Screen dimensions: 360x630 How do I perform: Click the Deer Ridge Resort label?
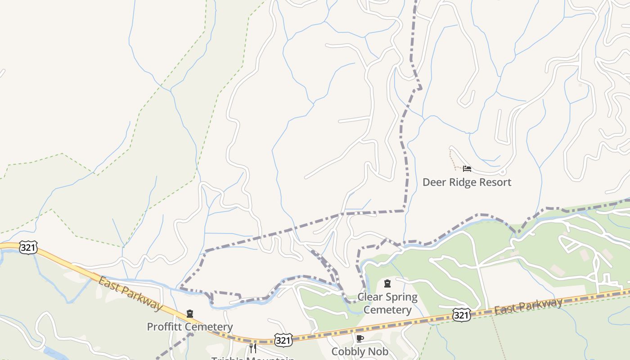(467, 182)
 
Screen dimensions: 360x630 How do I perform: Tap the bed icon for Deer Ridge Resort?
(467, 169)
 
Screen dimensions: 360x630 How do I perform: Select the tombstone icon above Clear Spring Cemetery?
(387, 283)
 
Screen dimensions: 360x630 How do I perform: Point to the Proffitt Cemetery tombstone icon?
(189, 314)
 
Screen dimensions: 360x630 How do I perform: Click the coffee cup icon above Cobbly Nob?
(360, 338)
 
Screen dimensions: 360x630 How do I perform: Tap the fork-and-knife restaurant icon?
(253, 348)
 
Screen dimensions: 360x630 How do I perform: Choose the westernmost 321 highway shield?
(28, 247)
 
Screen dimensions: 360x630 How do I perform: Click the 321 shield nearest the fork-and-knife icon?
(283, 340)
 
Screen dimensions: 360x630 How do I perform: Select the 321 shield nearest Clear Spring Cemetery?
(462, 315)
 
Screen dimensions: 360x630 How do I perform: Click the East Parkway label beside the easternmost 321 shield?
(528, 306)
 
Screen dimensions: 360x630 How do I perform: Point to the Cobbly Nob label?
(360, 351)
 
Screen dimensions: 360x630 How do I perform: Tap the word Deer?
(433, 182)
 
